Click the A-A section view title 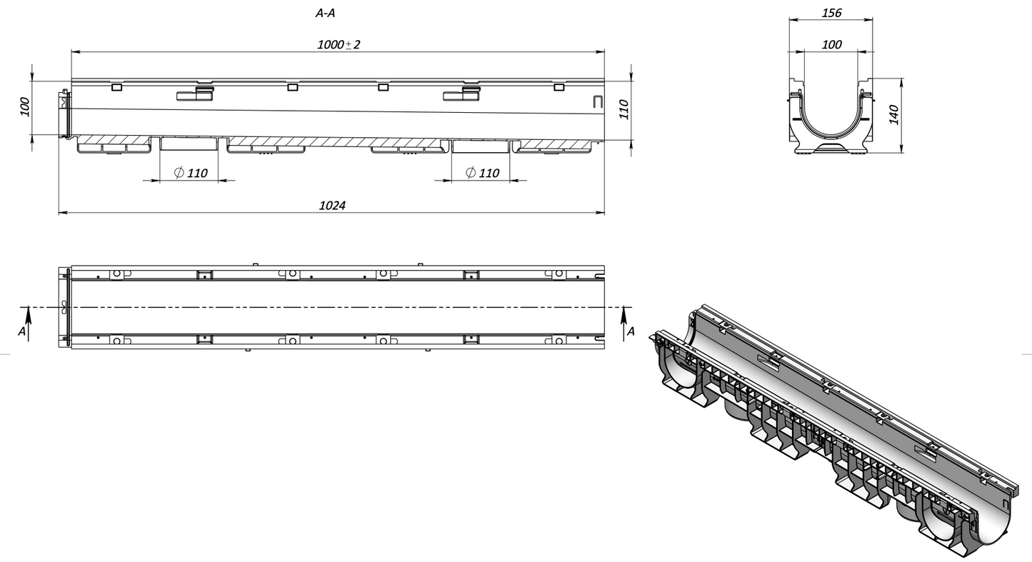point(325,14)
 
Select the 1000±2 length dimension point(339,45)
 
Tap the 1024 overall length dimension point(332,206)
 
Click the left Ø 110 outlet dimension point(191,173)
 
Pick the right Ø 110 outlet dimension point(482,173)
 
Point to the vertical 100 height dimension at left point(25,107)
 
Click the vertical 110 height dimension point(623,110)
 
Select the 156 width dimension point(831,13)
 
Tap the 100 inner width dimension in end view point(831,45)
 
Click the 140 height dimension point(893,115)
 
